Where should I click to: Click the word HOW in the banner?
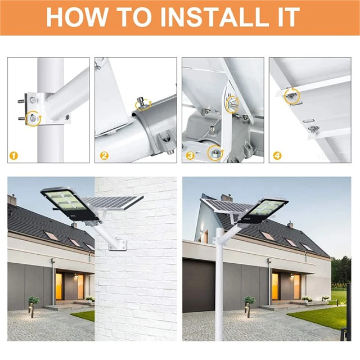(x=76, y=17)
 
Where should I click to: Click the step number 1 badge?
(x=13, y=156)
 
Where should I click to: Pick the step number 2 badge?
(x=103, y=156)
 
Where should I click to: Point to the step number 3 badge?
(x=190, y=156)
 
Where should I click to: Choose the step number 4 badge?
(x=277, y=156)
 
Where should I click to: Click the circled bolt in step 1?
(x=33, y=118)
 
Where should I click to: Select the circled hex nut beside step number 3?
(x=215, y=154)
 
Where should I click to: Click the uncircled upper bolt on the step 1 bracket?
(x=33, y=100)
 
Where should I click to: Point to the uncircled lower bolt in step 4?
(x=313, y=129)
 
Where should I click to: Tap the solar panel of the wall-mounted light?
(x=112, y=202)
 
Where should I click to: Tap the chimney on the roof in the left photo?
(x=12, y=200)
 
